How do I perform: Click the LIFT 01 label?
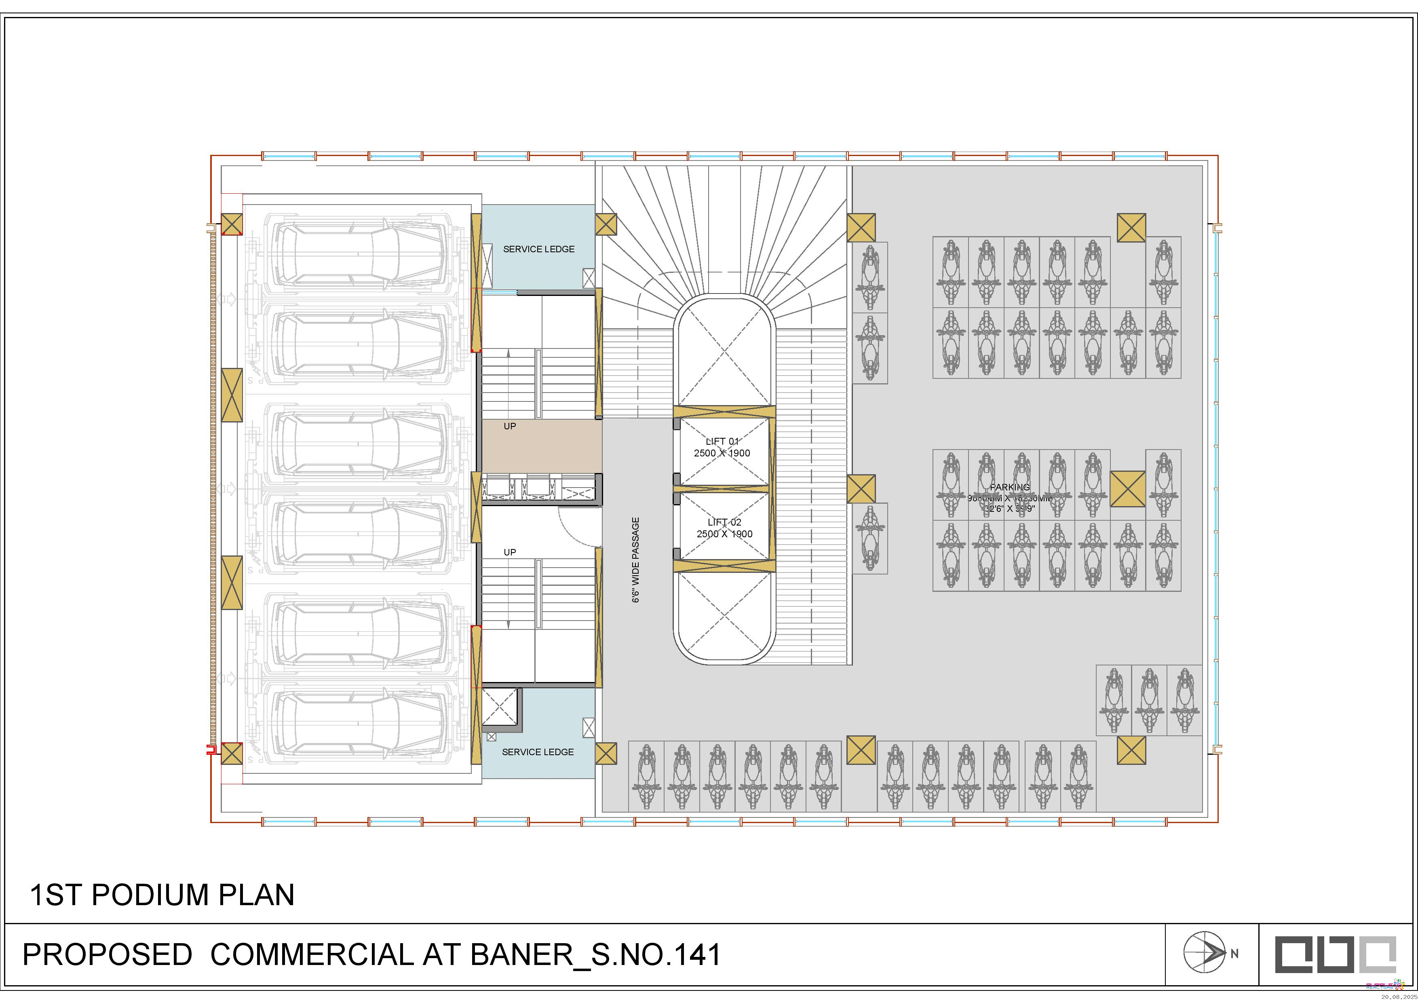[x=722, y=441]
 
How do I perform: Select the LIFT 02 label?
[x=724, y=522]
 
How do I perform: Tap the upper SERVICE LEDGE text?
[x=538, y=249]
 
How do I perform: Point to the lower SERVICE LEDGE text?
[x=537, y=752]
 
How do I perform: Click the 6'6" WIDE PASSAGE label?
[x=635, y=560]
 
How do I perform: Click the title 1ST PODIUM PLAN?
[x=162, y=895]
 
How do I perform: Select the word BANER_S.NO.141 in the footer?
[x=595, y=955]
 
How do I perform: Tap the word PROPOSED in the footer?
[x=107, y=955]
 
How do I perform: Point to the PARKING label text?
[x=1009, y=487]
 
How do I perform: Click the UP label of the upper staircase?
[x=509, y=426]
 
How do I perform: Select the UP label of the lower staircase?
[x=509, y=552]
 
